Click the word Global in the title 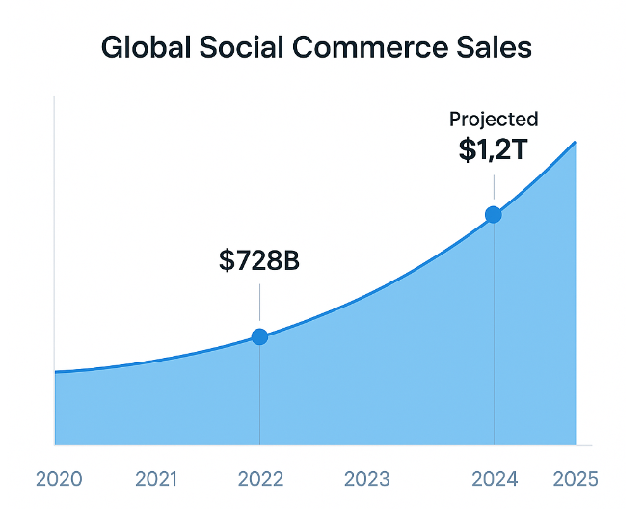147,47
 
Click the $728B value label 259,259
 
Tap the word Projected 494,120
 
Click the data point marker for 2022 259,336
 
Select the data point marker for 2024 494,214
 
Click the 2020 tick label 58,479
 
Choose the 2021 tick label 156,479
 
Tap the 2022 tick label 260,479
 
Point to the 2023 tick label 366,479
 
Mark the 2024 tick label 495,479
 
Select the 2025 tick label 576,479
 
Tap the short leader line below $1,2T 494,187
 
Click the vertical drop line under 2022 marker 259,395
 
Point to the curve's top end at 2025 576,143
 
